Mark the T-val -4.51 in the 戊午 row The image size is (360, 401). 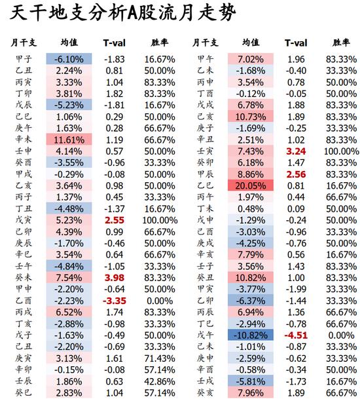[296, 335]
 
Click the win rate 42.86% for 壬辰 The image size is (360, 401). [159, 381]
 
